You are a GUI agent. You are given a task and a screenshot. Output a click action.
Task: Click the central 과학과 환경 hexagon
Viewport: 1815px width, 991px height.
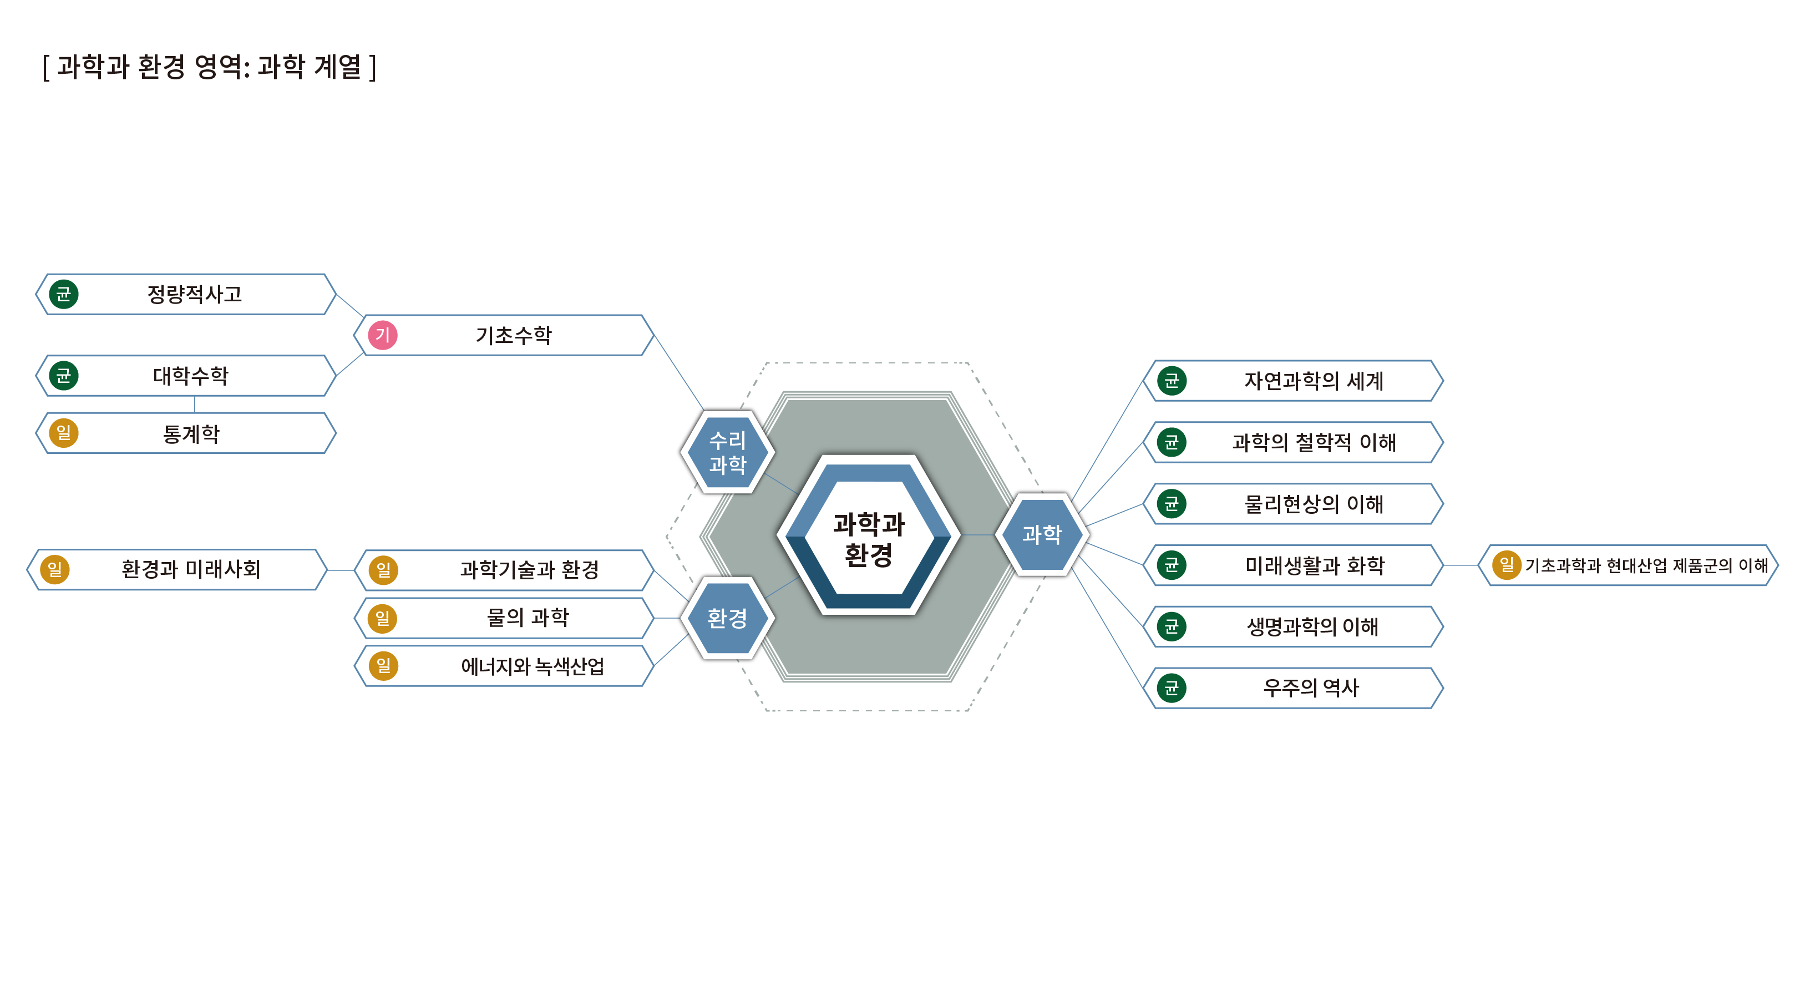click(x=868, y=535)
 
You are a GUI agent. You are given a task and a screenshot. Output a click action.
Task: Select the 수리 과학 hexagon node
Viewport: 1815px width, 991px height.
click(x=727, y=452)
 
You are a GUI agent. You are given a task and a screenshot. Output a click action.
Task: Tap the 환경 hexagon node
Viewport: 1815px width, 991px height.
click(x=727, y=618)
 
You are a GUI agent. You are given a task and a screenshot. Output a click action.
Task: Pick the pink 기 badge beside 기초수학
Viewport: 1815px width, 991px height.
click(x=383, y=335)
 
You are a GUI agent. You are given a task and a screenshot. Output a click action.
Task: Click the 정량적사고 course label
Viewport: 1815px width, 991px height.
click(x=195, y=294)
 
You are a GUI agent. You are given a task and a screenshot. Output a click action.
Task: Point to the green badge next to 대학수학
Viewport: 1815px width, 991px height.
click(x=63, y=376)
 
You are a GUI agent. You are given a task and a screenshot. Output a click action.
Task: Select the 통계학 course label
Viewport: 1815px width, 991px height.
click(x=191, y=433)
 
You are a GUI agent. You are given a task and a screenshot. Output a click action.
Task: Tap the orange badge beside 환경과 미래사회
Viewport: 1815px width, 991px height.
click(x=55, y=569)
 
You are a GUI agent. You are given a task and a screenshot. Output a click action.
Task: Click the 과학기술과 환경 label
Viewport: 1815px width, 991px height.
click(x=530, y=569)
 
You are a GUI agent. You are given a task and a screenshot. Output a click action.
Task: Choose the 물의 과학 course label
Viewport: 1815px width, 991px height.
click(x=528, y=618)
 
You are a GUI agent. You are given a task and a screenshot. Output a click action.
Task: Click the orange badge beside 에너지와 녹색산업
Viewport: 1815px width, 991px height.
click(x=383, y=666)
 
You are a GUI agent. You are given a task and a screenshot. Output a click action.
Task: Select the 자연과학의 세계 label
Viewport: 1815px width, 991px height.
click(x=1314, y=381)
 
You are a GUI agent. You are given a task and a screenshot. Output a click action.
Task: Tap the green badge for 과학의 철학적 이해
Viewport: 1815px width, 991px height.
click(x=1172, y=442)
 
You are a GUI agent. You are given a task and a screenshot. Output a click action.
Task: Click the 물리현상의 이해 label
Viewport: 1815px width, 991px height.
click(x=1314, y=504)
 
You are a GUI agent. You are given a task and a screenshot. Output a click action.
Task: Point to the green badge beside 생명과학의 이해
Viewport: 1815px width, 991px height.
click(x=1172, y=626)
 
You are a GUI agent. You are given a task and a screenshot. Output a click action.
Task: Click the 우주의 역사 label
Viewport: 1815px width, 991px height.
click(x=1311, y=688)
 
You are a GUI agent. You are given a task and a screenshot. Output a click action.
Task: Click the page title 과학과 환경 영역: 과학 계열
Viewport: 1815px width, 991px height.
click(x=209, y=67)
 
